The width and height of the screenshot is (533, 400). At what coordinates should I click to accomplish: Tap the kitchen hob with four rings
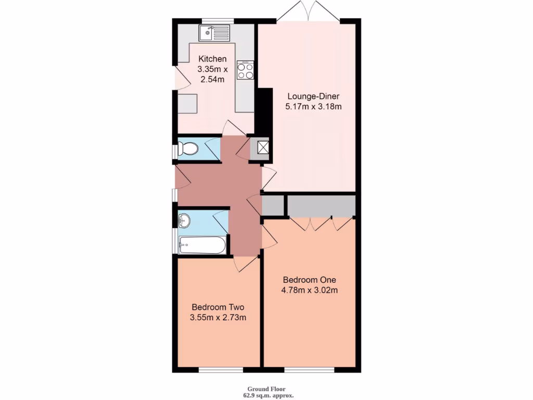click(245, 70)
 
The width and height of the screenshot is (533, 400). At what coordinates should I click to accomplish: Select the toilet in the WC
click(187, 149)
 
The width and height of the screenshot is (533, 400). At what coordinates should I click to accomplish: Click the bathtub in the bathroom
click(202, 245)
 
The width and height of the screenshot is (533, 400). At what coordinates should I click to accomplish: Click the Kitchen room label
click(212, 59)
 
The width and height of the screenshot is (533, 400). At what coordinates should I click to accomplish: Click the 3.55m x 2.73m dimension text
click(219, 317)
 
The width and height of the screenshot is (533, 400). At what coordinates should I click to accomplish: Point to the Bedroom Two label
click(218, 307)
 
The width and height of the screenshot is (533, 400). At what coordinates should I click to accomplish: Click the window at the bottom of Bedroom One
click(309, 370)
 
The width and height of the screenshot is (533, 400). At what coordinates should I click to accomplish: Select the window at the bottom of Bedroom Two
click(221, 370)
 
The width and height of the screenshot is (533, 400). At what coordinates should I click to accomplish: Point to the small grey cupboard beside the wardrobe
click(273, 205)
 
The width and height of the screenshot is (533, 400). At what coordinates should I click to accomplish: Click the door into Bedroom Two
click(246, 263)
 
